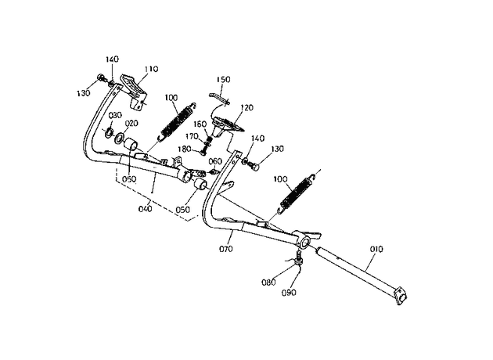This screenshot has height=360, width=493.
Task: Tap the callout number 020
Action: point(131,124)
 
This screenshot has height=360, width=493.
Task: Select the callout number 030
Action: point(115,115)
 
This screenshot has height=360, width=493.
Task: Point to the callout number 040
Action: point(146,209)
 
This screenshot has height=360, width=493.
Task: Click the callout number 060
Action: point(215,161)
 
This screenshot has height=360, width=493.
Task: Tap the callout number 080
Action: point(268,283)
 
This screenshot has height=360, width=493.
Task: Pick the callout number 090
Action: point(289,293)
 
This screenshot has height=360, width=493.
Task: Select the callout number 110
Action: point(151,69)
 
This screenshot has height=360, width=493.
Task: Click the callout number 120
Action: point(246,108)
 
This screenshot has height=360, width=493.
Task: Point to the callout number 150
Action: point(223,80)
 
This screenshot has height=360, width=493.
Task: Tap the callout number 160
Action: point(200,124)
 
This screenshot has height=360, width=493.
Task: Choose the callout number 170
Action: point(192,136)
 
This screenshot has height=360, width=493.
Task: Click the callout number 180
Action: point(184,149)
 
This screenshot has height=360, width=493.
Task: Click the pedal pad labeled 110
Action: point(135,92)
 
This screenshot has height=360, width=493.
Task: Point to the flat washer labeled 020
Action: point(120,138)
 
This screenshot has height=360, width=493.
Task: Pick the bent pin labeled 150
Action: point(220,98)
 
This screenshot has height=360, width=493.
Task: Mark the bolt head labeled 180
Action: point(203,152)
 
